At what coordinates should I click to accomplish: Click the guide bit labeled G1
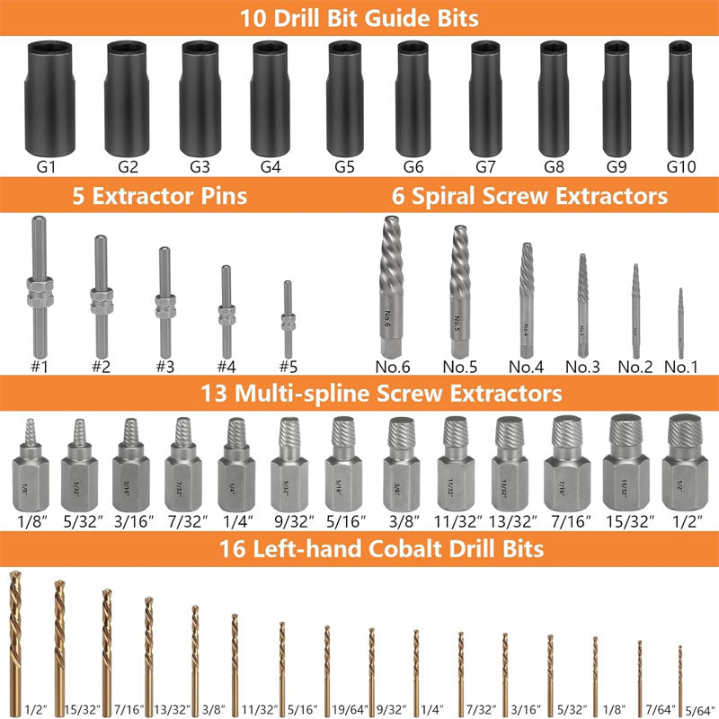point(49,99)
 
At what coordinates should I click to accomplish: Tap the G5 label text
point(344,166)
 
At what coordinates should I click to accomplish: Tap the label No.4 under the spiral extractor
point(526,367)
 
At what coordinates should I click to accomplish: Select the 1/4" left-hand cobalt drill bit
point(416,661)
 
